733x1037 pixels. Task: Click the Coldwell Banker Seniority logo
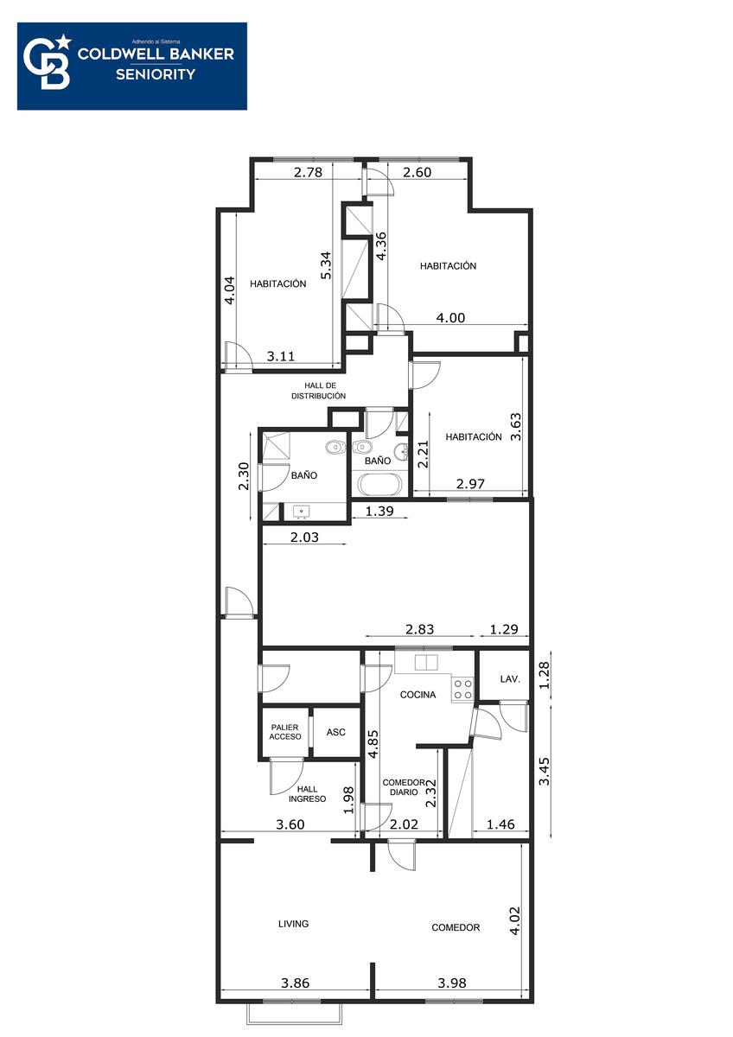click(132, 67)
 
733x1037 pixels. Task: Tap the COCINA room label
click(417, 695)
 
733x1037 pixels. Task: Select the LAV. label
click(510, 679)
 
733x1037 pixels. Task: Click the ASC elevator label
click(335, 732)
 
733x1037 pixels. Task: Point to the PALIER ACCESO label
click(284, 732)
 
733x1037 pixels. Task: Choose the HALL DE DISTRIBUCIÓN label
click(319, 391)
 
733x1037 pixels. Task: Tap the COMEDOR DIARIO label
click(404, 787)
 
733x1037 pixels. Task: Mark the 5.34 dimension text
click(326, 264)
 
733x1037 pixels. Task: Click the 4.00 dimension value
click(450, 318)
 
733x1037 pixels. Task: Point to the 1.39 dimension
click(379, 511)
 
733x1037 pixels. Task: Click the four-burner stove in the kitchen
click(462, 689)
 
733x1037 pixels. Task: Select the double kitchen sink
click(426, 663)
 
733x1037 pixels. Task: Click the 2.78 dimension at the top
click(308, 172)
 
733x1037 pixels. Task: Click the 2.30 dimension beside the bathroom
click(244, 476)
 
